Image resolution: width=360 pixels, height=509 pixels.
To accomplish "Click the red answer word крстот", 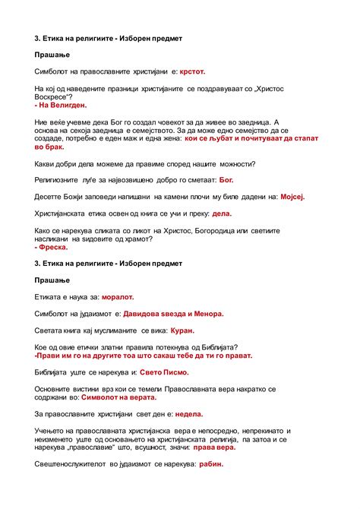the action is click(x=192, y=71).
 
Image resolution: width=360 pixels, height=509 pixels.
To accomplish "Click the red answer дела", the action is click(x=221, y=213).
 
